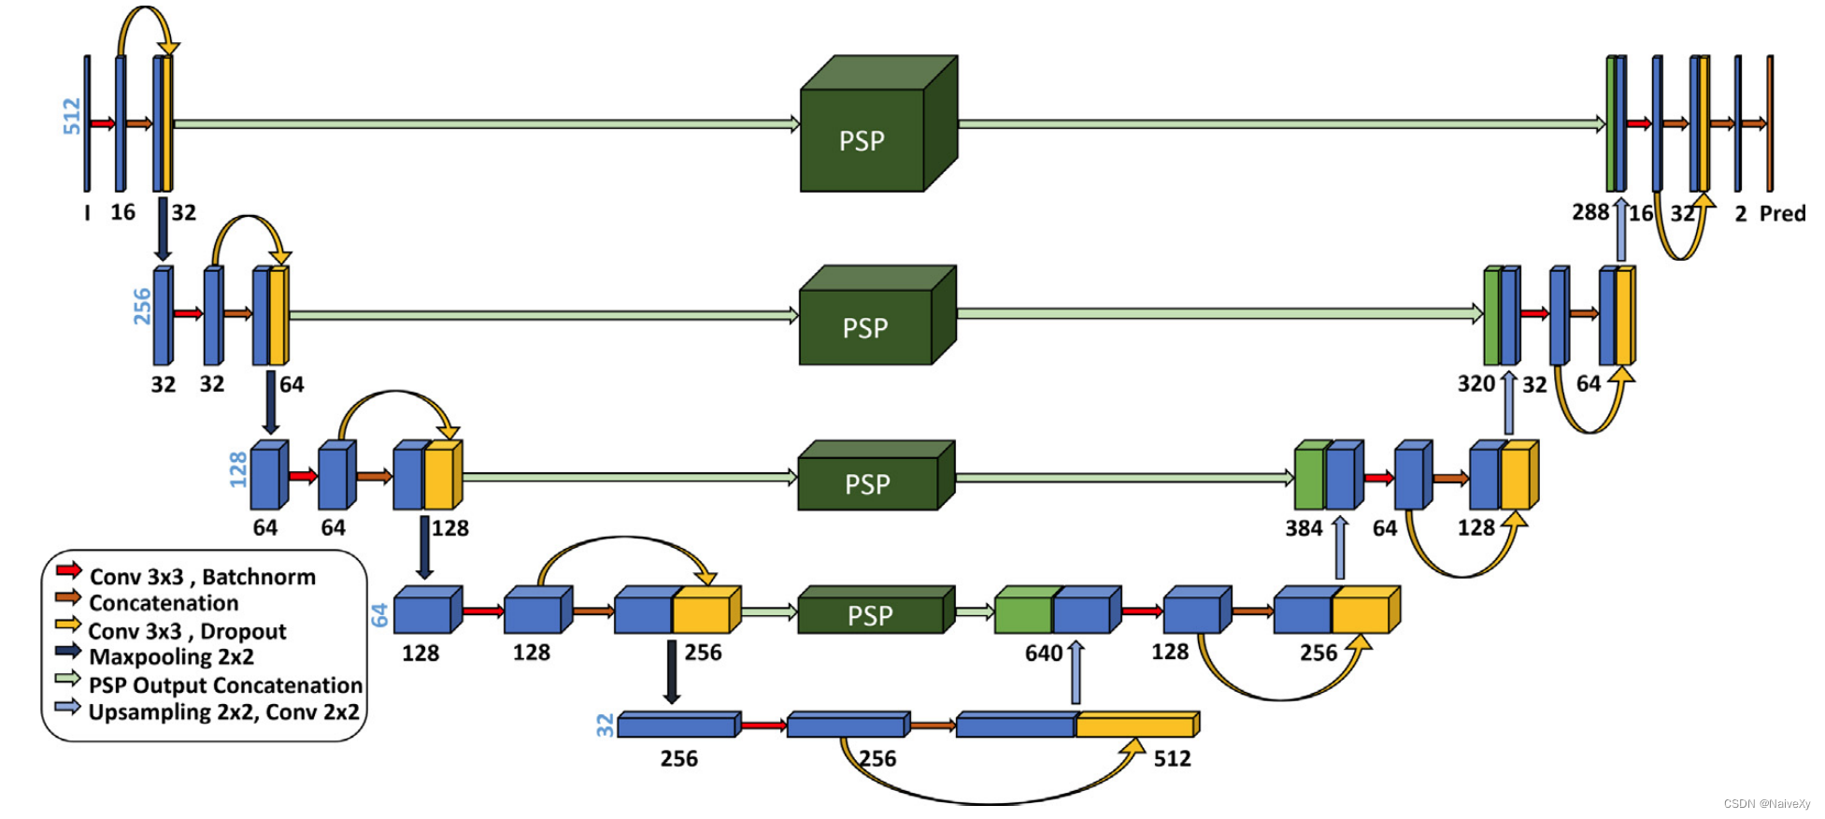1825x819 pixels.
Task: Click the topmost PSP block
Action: [863, 140]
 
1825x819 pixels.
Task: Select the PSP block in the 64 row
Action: [870, 615]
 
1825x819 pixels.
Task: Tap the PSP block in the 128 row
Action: [867, 483]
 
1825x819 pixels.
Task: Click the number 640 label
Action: [1044, 653]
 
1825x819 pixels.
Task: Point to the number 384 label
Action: [1304, 528]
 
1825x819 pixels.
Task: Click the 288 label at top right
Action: [1590, 212]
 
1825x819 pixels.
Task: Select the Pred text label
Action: [1782, 213]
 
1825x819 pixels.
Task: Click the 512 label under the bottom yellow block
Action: [1172, 758]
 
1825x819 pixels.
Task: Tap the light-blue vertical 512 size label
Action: [72, 117]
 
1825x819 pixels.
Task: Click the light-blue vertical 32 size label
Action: [606, 725]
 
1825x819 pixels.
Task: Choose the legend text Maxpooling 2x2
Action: [171, 657]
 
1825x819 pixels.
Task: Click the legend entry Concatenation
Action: [164, 603]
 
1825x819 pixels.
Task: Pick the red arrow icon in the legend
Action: [68, 569]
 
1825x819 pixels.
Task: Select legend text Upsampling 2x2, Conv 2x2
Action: [223, 712]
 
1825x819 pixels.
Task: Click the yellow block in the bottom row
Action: [1135, 725]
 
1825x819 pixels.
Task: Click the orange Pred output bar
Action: [1770, 123]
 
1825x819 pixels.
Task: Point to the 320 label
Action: [1476, 384]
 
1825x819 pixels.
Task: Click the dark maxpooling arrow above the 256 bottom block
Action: [671, 671]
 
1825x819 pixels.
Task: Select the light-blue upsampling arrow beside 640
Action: [1076, 672]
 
